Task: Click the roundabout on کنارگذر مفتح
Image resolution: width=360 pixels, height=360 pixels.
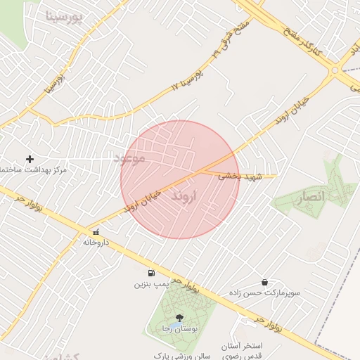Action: click(x=335, y=70)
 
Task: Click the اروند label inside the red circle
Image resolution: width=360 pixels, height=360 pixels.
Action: click(x=187, y=197)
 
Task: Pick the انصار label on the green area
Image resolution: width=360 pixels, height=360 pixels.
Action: click(x=309, y=198)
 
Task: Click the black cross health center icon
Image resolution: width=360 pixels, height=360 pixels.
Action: click(x=30, y=159)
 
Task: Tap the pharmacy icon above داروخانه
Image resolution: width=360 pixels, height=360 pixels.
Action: click(x=96, y=231)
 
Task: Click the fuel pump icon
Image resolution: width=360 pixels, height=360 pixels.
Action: click(x=151, y=273)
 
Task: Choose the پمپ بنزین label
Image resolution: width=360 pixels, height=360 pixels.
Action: click(x=151, y=285)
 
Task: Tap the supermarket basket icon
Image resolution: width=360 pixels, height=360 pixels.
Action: click(x=264, y=281)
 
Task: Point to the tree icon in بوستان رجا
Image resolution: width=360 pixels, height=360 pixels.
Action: click(x=180, y=318)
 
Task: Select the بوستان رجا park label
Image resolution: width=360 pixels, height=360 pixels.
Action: click(x=179, y=330)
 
